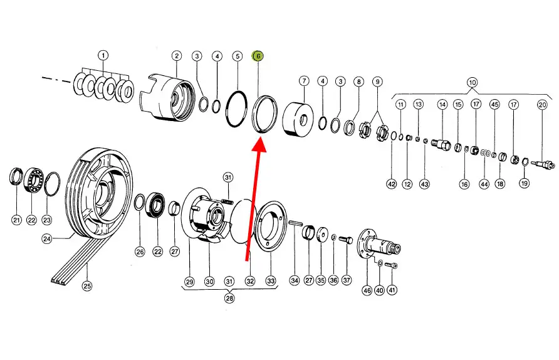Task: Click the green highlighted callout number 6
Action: point(258,56)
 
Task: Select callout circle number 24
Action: point(47,239)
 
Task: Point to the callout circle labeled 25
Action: point(87,286)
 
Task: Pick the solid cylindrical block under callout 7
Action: point(298,119)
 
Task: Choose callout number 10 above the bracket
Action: point(472,83)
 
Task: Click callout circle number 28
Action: point(229,299)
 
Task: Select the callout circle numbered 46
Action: point(367,290)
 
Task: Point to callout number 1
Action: point(103,56)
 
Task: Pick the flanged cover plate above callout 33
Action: point(271,226)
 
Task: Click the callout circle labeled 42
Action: point(392,184)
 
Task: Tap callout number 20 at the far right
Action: point(542,105)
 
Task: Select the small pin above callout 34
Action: point(296,223)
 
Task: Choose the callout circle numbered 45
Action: point(494,105)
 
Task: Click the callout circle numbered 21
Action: point(16,220)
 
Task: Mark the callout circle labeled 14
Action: point(442,105)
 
